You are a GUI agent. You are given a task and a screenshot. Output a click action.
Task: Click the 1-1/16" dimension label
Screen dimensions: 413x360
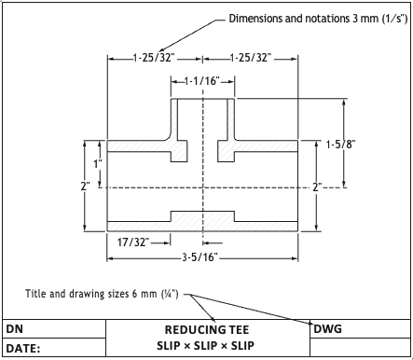pos(202,81)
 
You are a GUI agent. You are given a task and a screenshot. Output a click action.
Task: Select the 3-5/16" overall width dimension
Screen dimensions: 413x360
pos(200,257)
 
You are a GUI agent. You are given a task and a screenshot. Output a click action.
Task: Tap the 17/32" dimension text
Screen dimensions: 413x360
pos(133,242)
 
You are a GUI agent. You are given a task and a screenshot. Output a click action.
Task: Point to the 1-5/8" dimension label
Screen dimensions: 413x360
pos(340,145)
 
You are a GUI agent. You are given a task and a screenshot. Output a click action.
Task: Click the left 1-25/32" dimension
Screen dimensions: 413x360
pos(154,58)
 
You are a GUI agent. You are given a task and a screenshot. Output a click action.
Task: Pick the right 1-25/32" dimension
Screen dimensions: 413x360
pos(251,58)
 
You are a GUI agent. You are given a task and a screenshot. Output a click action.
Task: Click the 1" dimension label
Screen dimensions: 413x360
pos(98,163)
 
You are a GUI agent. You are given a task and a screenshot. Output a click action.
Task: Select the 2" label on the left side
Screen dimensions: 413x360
pos(86,187)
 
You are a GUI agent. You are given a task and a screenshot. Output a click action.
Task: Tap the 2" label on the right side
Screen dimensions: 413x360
pos(317,187)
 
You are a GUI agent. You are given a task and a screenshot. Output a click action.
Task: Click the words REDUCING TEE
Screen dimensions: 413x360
pos(207,330)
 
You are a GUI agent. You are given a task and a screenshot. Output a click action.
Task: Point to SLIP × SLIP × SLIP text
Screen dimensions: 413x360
pos(205,346)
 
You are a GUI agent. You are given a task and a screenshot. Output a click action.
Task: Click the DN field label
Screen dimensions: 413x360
pos(14,329)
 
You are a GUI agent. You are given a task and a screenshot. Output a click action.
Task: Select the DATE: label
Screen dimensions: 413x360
pos(23,349)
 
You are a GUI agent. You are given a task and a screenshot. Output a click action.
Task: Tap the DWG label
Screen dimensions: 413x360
pos(328,329)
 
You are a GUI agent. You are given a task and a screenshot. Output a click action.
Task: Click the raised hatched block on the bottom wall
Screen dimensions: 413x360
pos(202,216)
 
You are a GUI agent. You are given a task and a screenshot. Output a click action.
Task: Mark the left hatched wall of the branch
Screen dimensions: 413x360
pos(174,119)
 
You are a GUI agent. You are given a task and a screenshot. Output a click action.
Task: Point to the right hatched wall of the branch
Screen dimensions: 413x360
pos(230,119)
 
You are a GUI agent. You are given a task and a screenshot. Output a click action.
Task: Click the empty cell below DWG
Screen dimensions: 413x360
pos(360,347)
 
